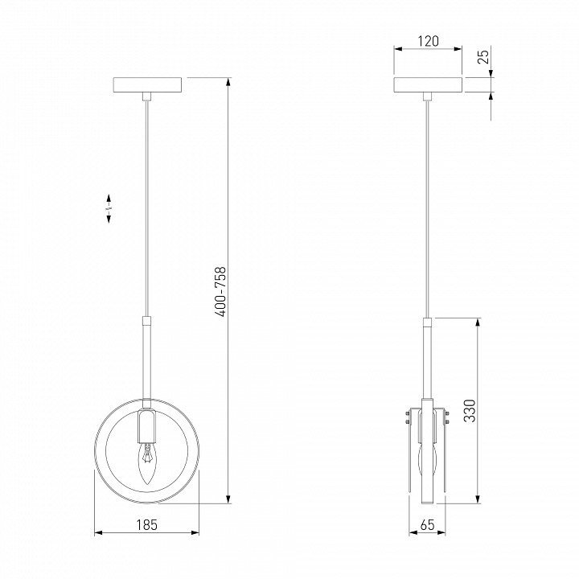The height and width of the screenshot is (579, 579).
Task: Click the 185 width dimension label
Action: (147, 524)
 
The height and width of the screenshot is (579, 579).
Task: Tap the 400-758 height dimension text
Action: (220, 291)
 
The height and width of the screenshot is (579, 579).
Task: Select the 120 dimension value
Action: (429, 41)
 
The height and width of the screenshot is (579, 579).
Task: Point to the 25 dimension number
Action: (483, 56)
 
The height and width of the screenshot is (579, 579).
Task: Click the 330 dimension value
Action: (470, 410)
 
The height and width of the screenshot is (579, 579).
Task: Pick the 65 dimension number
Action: (428, 524)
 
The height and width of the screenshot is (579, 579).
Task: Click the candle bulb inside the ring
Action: (147, 464)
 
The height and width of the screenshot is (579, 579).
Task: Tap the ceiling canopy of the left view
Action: (147, 85)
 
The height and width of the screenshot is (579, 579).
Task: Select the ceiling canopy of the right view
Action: (429, 85)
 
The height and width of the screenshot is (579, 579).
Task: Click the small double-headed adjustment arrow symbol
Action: (109, 208)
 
